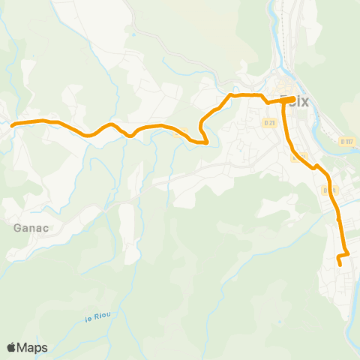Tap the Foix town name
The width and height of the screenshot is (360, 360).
293,100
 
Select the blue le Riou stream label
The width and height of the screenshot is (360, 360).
98,318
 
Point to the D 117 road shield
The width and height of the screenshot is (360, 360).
346,140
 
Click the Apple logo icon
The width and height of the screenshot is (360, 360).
11,347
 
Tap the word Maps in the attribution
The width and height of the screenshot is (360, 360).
32,347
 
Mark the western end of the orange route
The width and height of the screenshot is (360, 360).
13,124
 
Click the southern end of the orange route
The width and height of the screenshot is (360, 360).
340,265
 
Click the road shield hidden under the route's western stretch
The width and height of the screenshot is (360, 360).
177,133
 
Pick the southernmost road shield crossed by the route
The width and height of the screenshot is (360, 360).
328,190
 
